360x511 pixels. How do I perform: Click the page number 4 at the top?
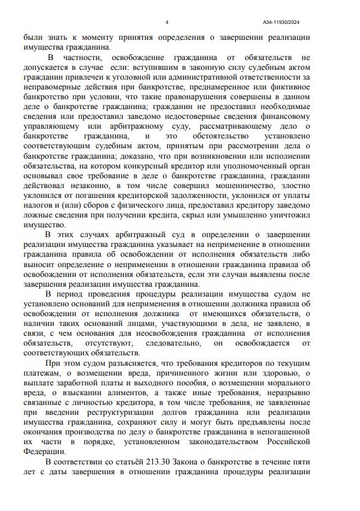(167, 23)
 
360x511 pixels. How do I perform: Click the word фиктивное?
(294, 87)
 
